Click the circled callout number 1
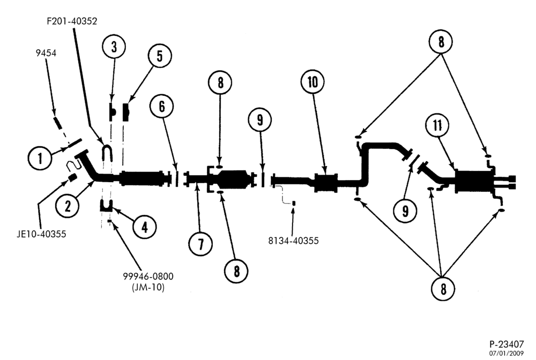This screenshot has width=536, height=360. coord(40,158)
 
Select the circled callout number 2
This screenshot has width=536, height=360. coord(68,205)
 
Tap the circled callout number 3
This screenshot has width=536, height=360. coord(114,47)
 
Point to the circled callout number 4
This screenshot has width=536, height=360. coord(145,227)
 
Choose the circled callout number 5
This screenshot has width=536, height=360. coord(160,56)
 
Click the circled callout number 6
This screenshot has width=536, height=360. coord(161,106)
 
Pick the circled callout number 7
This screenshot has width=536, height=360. coord(200,244)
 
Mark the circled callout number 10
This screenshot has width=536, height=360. coord(313,82)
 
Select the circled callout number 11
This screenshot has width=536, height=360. coord(438,125)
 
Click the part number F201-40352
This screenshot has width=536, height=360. coord(72,21)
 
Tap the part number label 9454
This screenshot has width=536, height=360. coord(46,52)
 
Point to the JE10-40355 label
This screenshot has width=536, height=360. coord(41,234)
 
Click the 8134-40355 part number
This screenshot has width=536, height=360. coord(293,241)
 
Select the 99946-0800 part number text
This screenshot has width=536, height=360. coord(148,276)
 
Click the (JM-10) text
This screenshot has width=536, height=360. coord(148,288)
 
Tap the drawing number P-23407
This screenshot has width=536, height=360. coord(507,344)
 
